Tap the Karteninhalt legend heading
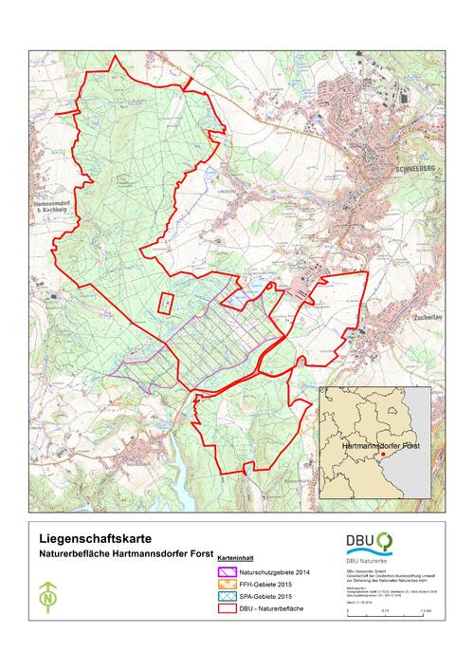pos(234,559)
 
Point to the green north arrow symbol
pos(46,599)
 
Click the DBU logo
pos(369,543)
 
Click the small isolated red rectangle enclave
pos(165,303)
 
